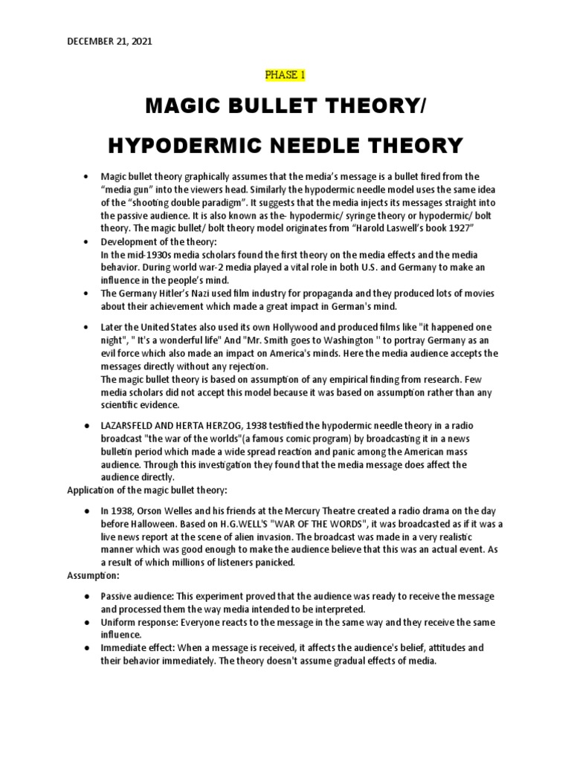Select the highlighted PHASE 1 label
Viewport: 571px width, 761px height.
pyautogui.click(x=285, y=74)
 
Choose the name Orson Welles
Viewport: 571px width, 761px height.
pyautogui.click(x=175, y=511)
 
